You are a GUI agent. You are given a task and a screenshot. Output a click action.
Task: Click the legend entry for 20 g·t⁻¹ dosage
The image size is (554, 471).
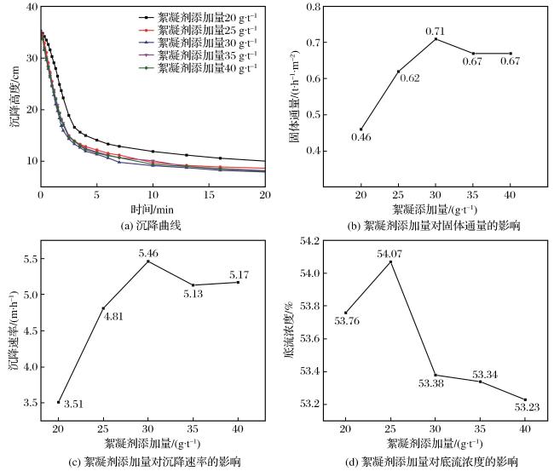coord(197,17)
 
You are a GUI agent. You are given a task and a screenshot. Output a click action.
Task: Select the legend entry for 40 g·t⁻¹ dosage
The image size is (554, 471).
coord(197,68)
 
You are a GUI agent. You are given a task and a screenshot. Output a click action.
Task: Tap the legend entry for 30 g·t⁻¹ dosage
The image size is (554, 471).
coord(197,43)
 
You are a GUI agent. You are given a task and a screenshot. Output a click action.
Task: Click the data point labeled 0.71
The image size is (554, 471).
coord(436,39)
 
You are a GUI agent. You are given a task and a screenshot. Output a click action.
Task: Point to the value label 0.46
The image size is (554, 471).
coord(361,137)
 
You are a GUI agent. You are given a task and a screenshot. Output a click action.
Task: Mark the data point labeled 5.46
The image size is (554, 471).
coord(148,261)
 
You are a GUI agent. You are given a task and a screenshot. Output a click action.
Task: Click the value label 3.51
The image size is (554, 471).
coord(73,404)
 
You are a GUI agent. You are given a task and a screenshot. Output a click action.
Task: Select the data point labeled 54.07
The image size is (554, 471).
coord(390,261)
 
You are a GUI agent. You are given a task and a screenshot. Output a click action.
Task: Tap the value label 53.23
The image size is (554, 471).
coord(527,407)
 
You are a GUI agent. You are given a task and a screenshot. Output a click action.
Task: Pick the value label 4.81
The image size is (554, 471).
coord(113,316)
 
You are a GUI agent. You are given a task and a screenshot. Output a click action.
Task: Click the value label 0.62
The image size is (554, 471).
coord(410,78)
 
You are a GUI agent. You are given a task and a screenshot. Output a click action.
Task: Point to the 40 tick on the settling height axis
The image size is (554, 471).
coord(32,7)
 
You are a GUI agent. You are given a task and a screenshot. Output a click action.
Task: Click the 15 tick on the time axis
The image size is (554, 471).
coord(209,195)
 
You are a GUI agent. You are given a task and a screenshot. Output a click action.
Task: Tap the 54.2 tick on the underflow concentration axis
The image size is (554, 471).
coord(309,241)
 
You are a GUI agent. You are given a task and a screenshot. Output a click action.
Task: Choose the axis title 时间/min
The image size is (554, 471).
coord(153,210)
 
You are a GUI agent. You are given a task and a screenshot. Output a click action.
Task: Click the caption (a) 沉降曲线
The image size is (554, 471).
coord(151,225)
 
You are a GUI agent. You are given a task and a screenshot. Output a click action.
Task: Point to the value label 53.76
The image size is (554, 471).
coord(347,321)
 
